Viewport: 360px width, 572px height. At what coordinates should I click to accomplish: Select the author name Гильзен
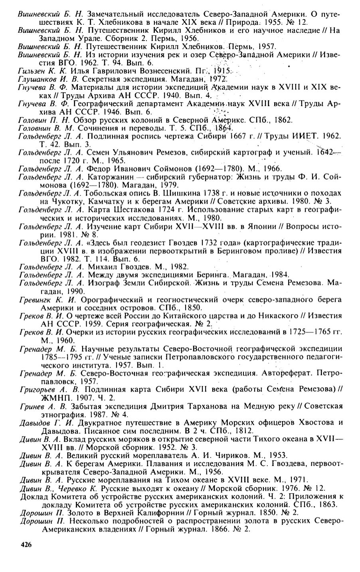pyautogui.click(x=31, y=71)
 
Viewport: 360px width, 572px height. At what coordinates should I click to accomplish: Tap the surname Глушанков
pyautogui.click(x=36, y=79)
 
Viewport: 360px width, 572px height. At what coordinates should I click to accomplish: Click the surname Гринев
pyautogui.click(x=30, y=406)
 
